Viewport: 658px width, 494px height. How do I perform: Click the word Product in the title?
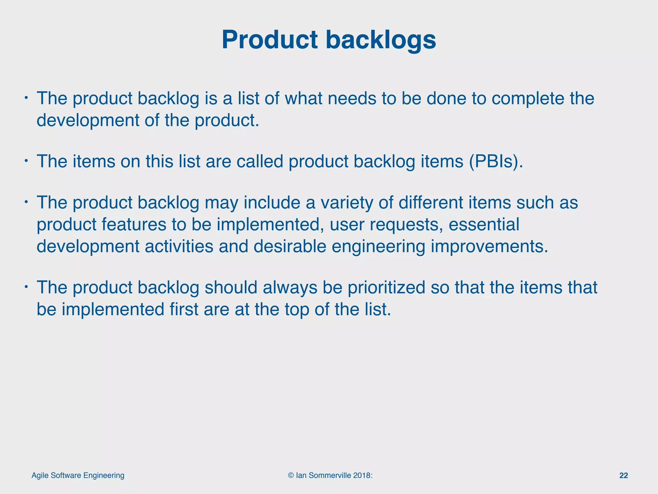pos(271,40)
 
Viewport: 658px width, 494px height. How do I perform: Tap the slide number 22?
pos(623,476)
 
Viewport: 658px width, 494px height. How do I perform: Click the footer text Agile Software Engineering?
pos(78,476)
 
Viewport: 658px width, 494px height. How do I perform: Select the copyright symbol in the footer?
pos(291,476)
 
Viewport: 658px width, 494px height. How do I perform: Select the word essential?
pos(484,224)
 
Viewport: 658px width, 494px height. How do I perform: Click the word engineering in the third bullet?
pos(378,247)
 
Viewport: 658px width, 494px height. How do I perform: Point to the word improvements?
pos(489,247)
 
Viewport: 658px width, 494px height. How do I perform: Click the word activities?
pos(179,247)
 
